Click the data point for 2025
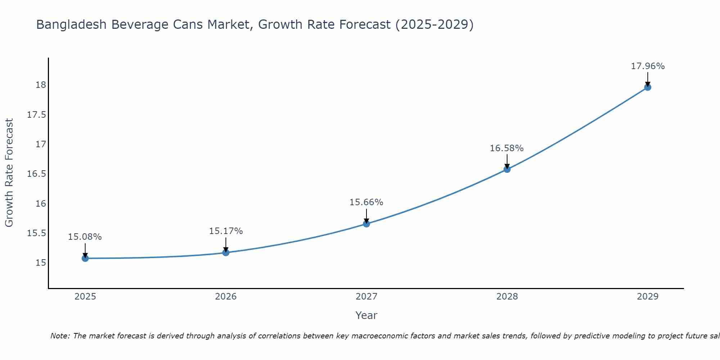(x=85, y=258)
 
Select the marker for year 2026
(x=226, y=252)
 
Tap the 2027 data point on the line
(x=366, y=224)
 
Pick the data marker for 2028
(x=507, y=169)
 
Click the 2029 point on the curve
(x=648, y=87)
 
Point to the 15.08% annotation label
(x=85, y=237)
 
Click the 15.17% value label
(x=226, y=231)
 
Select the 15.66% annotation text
(x=366, y=202)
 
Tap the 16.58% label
(x=507, y=148)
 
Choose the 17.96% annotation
(x=648, y=66)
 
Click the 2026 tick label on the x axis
(x=226, y=297)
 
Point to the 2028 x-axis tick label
(x=507, y=297)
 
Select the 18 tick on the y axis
(x=41, y=85)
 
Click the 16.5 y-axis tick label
(x=37, y=174)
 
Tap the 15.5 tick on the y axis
(x=37, y=233)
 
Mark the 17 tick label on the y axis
(x=41, y=144)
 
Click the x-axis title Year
(x=366, y=315)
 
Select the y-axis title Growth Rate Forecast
(x=9, y=172)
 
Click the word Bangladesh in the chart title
(x=71, y=24)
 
